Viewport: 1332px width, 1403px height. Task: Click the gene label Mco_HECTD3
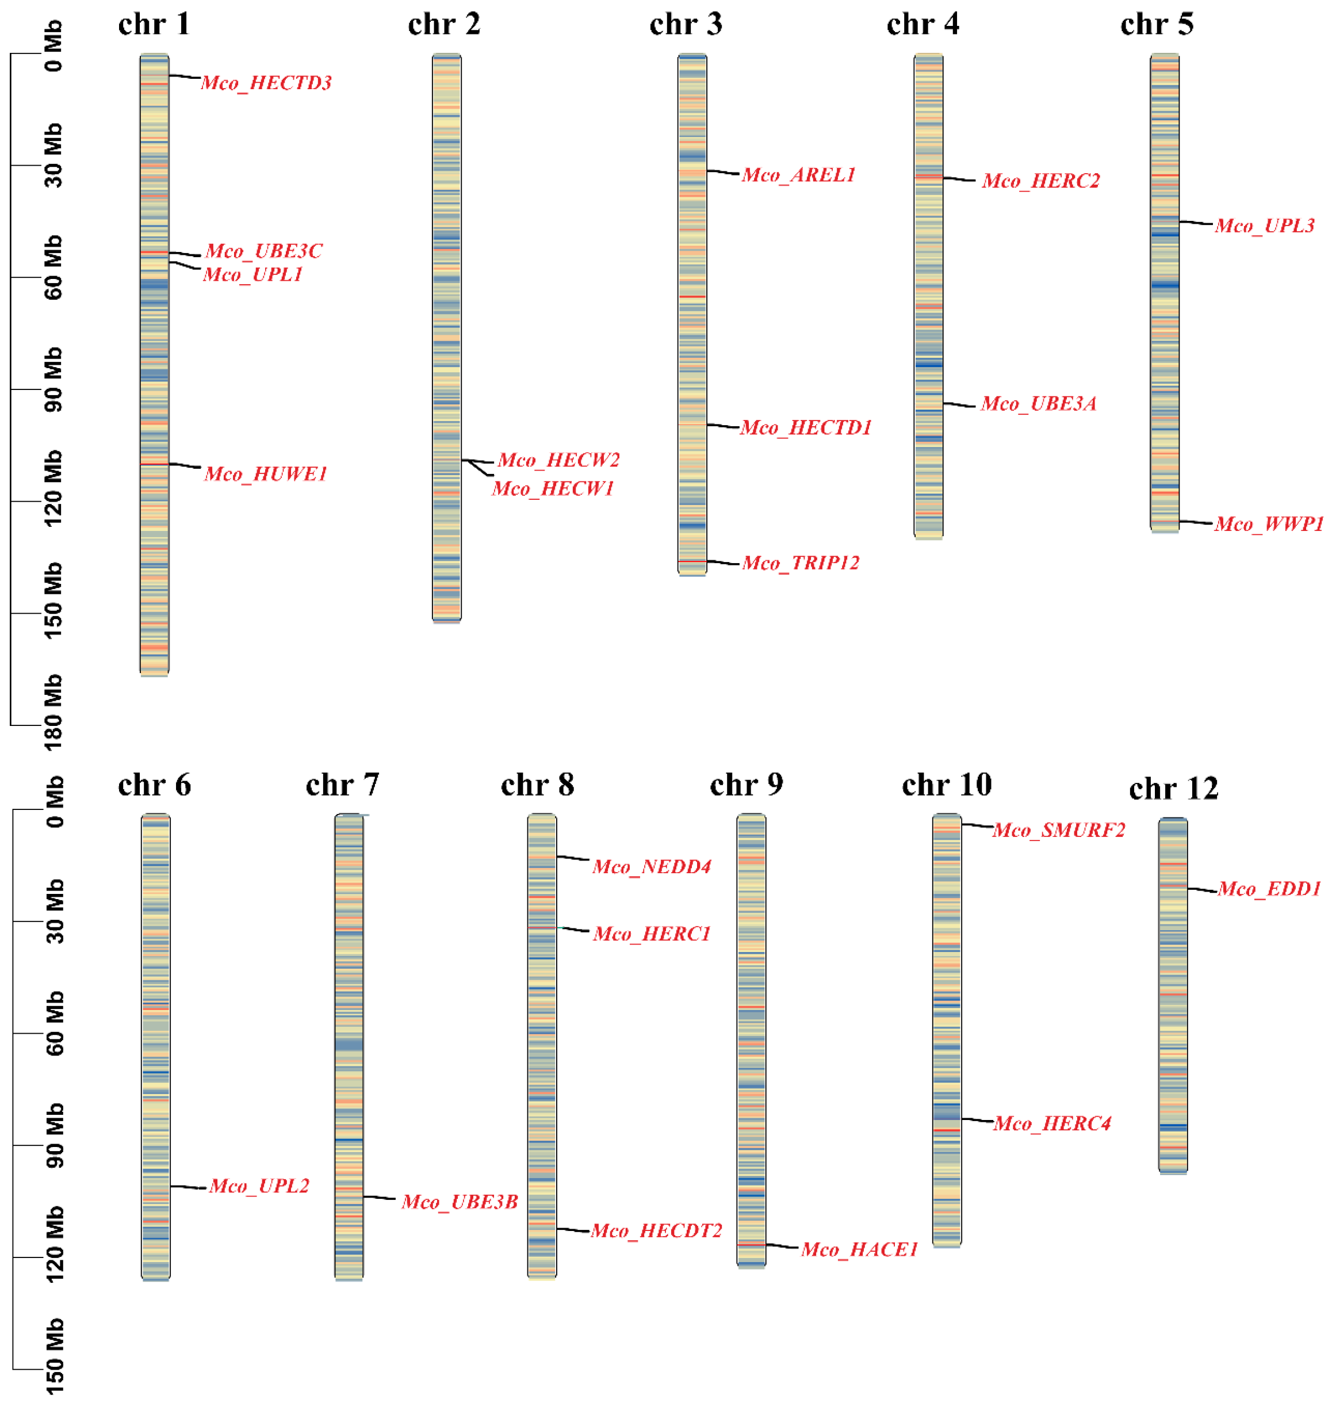[x=266, y=83]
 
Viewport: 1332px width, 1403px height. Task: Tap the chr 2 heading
[x=444, y=25]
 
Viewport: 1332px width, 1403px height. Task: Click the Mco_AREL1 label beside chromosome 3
[x=798, y=175]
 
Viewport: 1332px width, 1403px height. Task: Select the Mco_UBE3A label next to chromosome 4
[x=1038, y=404]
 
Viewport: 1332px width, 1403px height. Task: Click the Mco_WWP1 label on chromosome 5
[x=1268, y=524]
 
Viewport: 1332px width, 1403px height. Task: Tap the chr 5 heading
[x=1157, y=25]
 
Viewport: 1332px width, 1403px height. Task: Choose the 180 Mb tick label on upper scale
[x=53, y=712]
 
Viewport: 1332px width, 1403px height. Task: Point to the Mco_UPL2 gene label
[x=259, y=1186]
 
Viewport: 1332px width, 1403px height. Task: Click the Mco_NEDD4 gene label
[x=651, y=866]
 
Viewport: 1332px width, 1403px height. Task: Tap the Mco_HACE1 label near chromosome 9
[x=859, y=1249]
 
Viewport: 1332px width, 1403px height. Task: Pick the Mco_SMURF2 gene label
[x=1059, y=830]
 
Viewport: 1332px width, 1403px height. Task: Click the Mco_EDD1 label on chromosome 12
[x=1269, y=889]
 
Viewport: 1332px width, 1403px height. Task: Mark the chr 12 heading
[x=1173, y=789]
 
